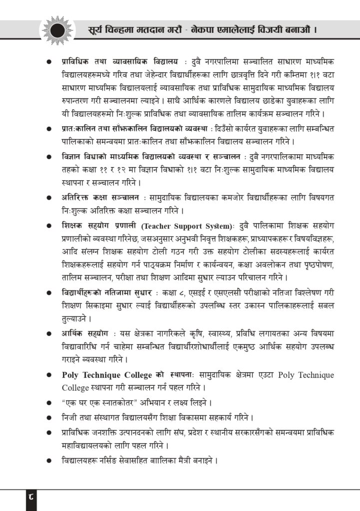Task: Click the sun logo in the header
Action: click(x=57, y=29)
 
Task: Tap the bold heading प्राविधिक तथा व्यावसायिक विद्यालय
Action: click(x=120, y=61)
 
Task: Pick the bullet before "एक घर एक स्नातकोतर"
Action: click(x=49, y=402)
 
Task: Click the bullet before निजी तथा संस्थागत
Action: click(x=49, y=417)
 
